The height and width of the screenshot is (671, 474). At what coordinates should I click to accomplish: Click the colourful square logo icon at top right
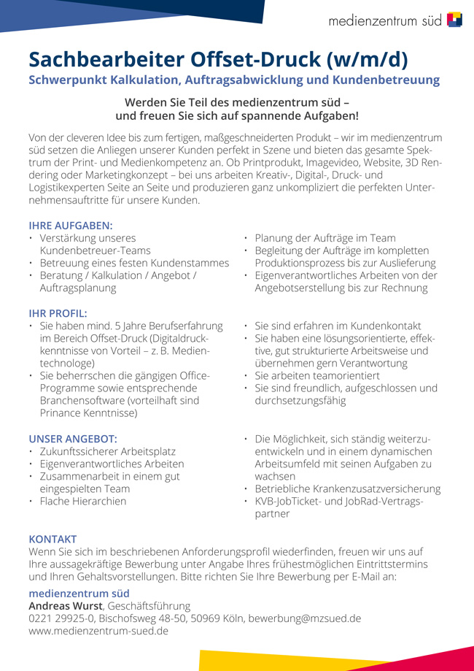click(x=454, y=20)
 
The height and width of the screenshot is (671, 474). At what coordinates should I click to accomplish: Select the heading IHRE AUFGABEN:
click(x=71, y=226)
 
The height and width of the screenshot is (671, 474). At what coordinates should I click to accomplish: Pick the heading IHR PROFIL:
click(x=58, y=313)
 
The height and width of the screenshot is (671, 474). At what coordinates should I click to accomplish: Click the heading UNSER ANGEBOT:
click(x=72, y=439)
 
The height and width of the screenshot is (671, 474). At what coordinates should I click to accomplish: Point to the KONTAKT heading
click(x=53, y=539)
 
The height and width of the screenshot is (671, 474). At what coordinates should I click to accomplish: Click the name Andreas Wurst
click(x=65, y=605)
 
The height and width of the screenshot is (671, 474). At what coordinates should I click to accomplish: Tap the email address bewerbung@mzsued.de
click(x=305, y=618)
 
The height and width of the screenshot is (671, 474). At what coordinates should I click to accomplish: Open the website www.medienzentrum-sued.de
click(x=98, y=631)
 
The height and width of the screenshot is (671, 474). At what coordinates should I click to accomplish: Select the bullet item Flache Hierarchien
click(x=82, y=501)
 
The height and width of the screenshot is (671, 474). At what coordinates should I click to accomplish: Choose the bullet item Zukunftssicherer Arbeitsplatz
click(x=107, y=451)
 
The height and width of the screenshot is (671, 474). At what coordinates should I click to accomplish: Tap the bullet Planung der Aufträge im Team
click(x=325, y=238)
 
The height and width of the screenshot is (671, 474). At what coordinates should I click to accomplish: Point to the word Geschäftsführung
click(x=149, y=605)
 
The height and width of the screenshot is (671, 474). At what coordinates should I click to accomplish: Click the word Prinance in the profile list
click(x=61, y=413)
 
